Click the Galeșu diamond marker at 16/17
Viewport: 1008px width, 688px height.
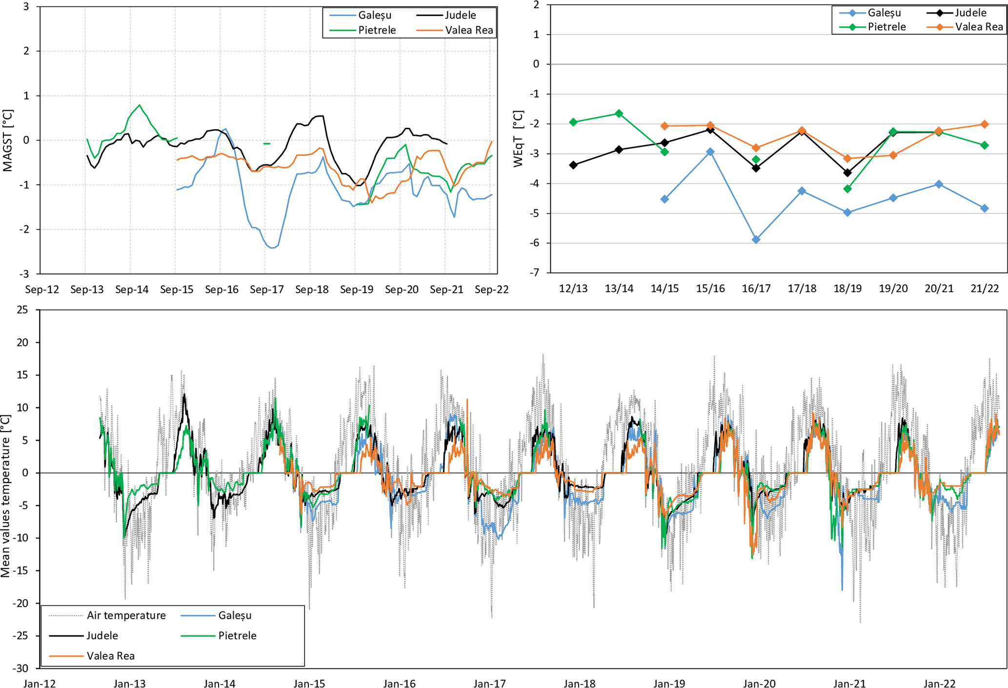(x=756, y=239)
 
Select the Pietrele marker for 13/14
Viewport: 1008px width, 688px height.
(x=619, y=114)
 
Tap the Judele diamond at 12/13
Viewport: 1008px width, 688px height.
(x=573, y=165)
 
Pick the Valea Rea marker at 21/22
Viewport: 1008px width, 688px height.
(x=985, y=124)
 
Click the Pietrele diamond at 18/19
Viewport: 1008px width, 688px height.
(x=847, y=189)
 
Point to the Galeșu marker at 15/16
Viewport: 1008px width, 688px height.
(x=710, y=152)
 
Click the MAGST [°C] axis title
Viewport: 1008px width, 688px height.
(x=7, y=140)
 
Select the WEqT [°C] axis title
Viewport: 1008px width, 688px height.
(x=518, y=139)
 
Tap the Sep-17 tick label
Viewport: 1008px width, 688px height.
(x=267, y=290)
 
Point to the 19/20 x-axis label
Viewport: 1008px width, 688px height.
(x=893, y=289)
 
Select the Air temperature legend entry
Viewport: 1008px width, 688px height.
(x=126, y=615)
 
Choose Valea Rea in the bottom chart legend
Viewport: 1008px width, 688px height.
(x=110, y=656)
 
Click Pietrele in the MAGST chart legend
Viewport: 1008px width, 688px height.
(x=377, y=30)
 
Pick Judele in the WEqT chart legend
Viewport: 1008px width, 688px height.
(x=970, y=13)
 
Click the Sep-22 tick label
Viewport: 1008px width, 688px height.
(x=492, y=290)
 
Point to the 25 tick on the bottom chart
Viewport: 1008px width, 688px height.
(x=22, y=310)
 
